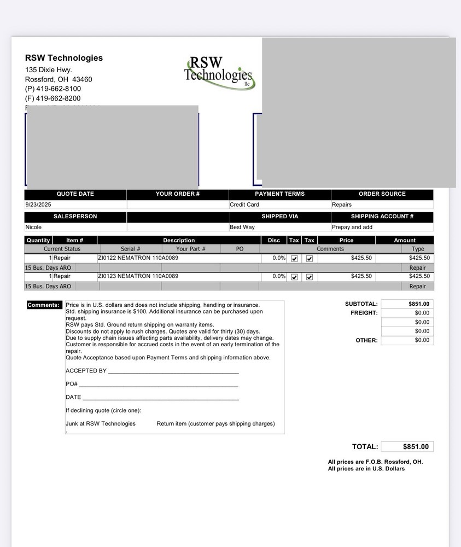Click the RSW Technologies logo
219,72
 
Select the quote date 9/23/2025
38,205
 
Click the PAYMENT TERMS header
279,194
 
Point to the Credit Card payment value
244,205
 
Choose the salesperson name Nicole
33,227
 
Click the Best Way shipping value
242,227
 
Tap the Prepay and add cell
352,227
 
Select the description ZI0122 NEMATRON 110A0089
138,258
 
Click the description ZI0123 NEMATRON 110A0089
138,276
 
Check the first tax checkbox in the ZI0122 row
294,258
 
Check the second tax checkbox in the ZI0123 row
309,277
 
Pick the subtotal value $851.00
419,304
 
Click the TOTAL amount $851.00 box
407,447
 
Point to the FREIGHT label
364,313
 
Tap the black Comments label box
44,305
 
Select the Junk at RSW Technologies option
101,423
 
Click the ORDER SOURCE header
382,194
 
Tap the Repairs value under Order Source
342,205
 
